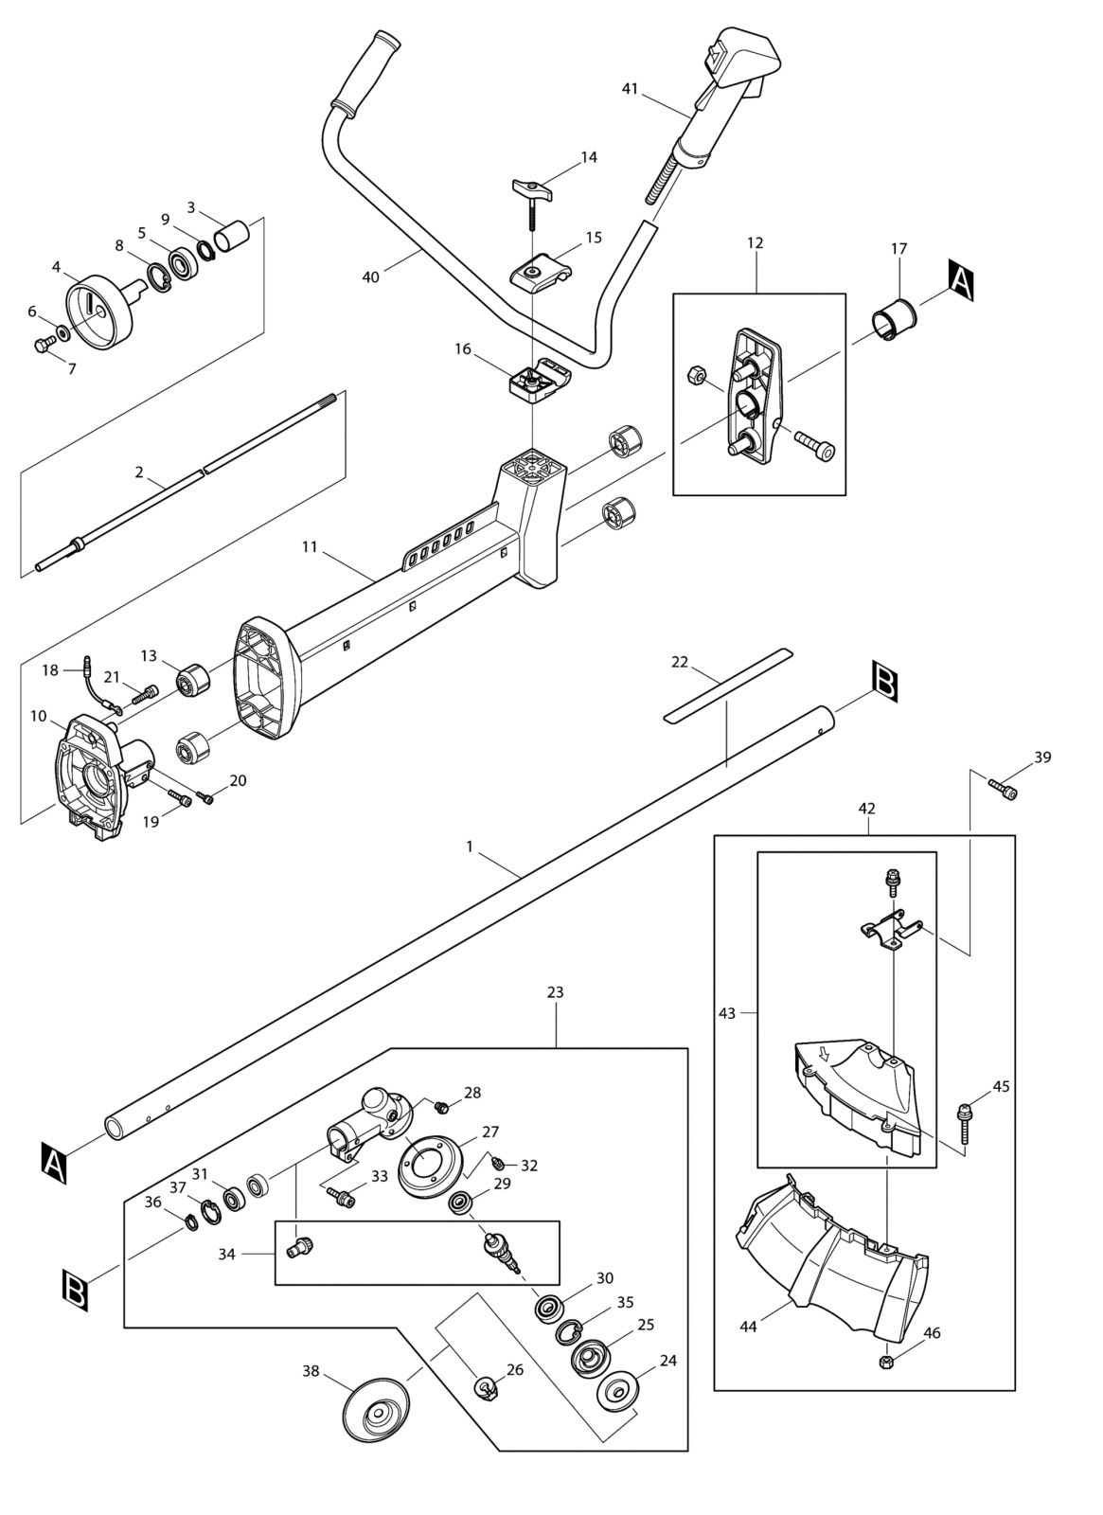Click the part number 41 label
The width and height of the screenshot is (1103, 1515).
tap(630, 89)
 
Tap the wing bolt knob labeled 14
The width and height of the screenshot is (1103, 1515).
tap(532, 190)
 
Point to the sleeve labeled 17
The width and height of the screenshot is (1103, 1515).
tap(896, 319)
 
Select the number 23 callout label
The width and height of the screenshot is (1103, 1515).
tap(555, 992)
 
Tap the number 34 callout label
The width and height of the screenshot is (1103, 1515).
tap(226, 1254)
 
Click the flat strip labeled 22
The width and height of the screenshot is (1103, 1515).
tap(728, 686)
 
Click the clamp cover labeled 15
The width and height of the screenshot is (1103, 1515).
tap(541, 273)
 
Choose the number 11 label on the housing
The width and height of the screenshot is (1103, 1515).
tap(310, 546)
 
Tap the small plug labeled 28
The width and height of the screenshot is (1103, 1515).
tap(442, 1107)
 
